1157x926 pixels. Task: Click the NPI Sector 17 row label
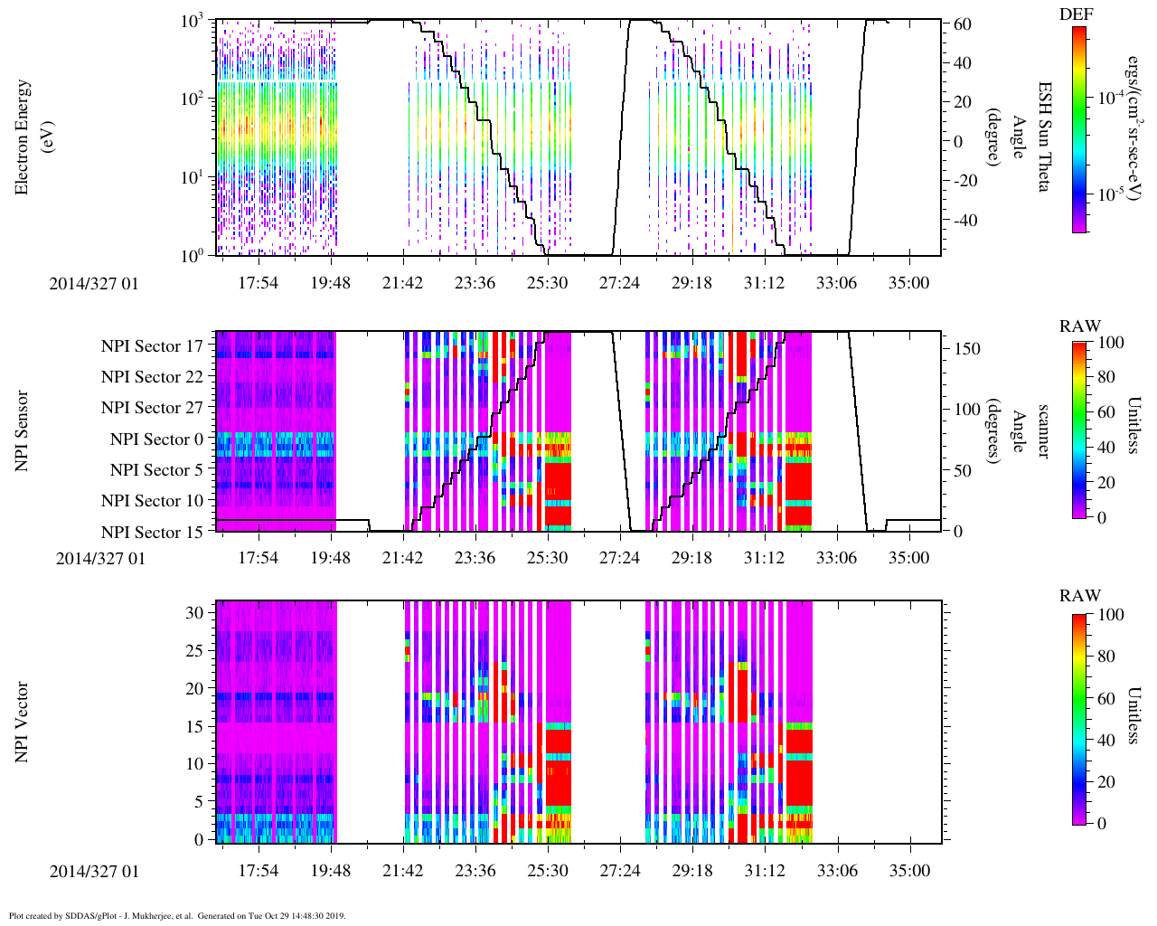tap(152, 345)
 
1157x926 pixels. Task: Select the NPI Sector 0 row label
tap(156, 439)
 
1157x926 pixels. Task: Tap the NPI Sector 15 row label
tap(152, 532)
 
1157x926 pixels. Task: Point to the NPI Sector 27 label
tap(152, 408)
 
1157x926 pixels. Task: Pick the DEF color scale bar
tap(1078, 129)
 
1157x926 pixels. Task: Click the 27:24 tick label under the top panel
tap(619, 283)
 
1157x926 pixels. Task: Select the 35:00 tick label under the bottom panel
tap(908, 870)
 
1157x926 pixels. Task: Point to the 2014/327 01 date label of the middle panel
tap(100, 558)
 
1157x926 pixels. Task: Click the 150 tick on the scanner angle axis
tap(968, 348)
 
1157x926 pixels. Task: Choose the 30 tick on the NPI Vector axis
tap(196, 612)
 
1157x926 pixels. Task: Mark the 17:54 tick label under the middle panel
tap(258, 558)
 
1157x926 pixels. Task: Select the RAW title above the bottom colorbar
tap(1080, 595)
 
